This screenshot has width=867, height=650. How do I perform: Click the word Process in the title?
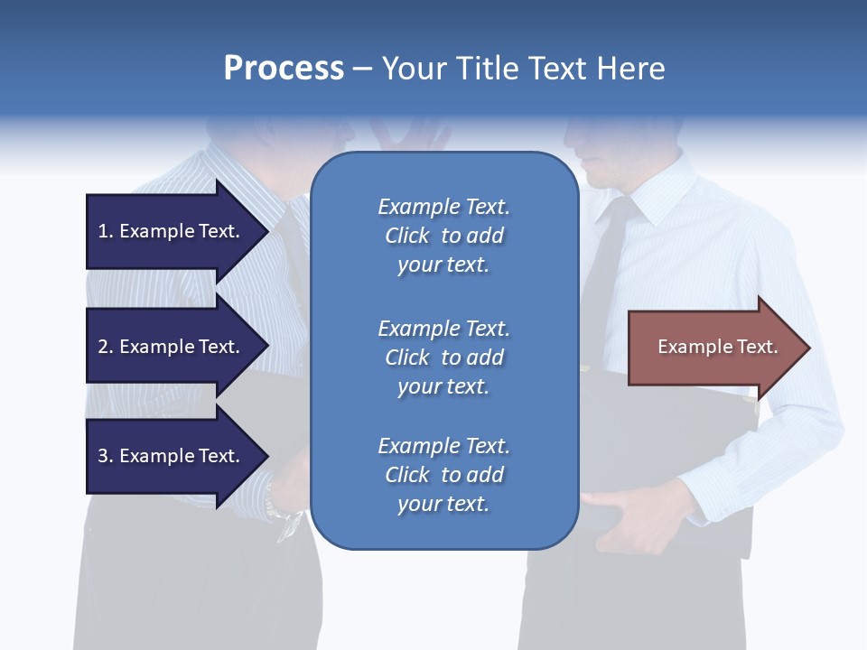point(284,69)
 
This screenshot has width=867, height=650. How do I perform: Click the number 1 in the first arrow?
point(103,232)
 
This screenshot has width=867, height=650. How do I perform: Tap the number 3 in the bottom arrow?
point(103,457)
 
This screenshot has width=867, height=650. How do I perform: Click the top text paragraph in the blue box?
point(443,236)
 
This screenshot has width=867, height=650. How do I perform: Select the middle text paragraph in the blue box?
point(443,357)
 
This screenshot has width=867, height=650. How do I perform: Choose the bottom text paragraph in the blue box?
point(443,475)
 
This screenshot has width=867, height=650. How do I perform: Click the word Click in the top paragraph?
point(406,236)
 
